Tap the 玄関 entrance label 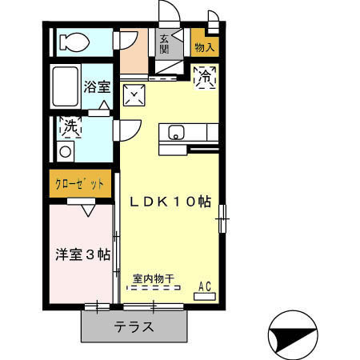[x=164, y=43]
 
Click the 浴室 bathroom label [x=97, y=86]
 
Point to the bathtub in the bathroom [x=66, y=86]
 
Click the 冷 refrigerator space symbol [x=205, y=78]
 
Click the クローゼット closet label [x=80, y=184]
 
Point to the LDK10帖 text [x=168, y=202]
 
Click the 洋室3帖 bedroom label [x=82, y=254]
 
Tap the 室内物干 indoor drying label [x=154, y=279]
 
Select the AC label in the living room [x=204, y=286]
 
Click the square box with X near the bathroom [x=134, y=96]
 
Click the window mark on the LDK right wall [x=223, y=214]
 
